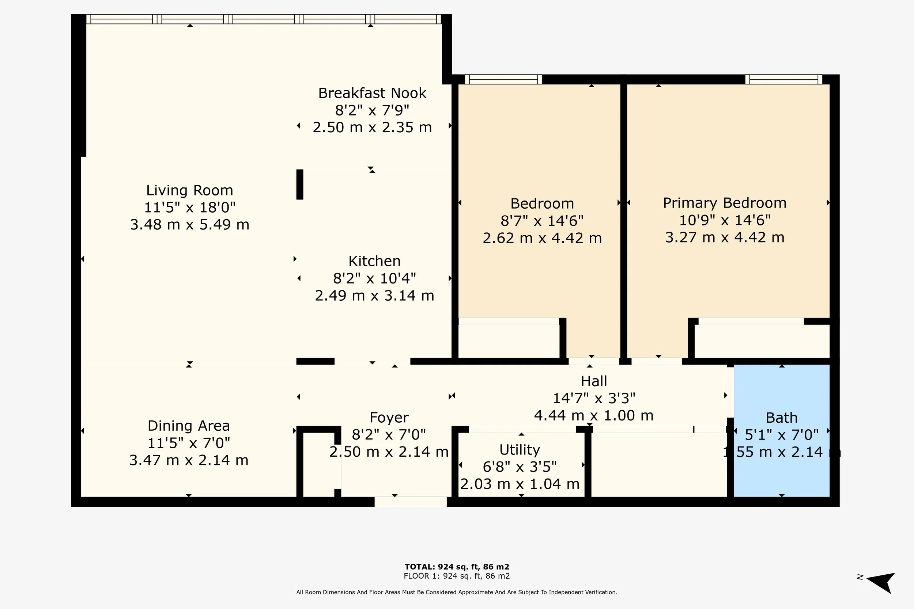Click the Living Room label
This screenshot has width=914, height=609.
190,190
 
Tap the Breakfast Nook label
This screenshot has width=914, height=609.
372,93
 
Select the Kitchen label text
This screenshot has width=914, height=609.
374,261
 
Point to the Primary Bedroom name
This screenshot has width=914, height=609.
725,203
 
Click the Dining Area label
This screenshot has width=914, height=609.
189,426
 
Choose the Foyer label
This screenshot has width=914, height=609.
389,418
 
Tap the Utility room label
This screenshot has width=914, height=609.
520,450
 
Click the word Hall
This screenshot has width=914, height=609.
594,381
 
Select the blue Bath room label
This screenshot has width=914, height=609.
782,418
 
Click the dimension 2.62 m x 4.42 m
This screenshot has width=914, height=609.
542,238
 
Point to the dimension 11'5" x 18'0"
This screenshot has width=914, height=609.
190,208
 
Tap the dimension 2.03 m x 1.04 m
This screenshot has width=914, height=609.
520,484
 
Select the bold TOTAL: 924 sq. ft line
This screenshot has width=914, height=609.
457,567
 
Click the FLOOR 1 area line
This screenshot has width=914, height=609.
457,576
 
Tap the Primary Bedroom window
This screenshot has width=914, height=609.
783,79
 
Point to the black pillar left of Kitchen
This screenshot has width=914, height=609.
300,184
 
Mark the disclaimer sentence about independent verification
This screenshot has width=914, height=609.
457,592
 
